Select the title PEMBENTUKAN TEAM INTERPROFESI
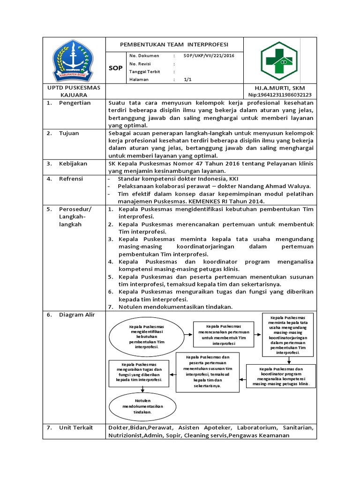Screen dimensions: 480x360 point(174,45)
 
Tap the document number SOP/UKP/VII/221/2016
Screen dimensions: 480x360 point(209,56)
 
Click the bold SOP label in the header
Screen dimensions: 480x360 point(115,68)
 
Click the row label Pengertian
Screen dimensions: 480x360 point(75,103)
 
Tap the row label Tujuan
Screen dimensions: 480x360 point(69,133)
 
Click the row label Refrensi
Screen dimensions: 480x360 point(71,179)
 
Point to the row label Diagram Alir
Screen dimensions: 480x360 point(76,315)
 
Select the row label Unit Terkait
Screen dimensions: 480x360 point(75,427)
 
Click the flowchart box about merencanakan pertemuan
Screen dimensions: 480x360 point(224,335)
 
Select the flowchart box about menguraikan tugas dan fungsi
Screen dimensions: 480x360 point(139,373)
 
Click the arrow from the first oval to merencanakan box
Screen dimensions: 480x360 point(187,335)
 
